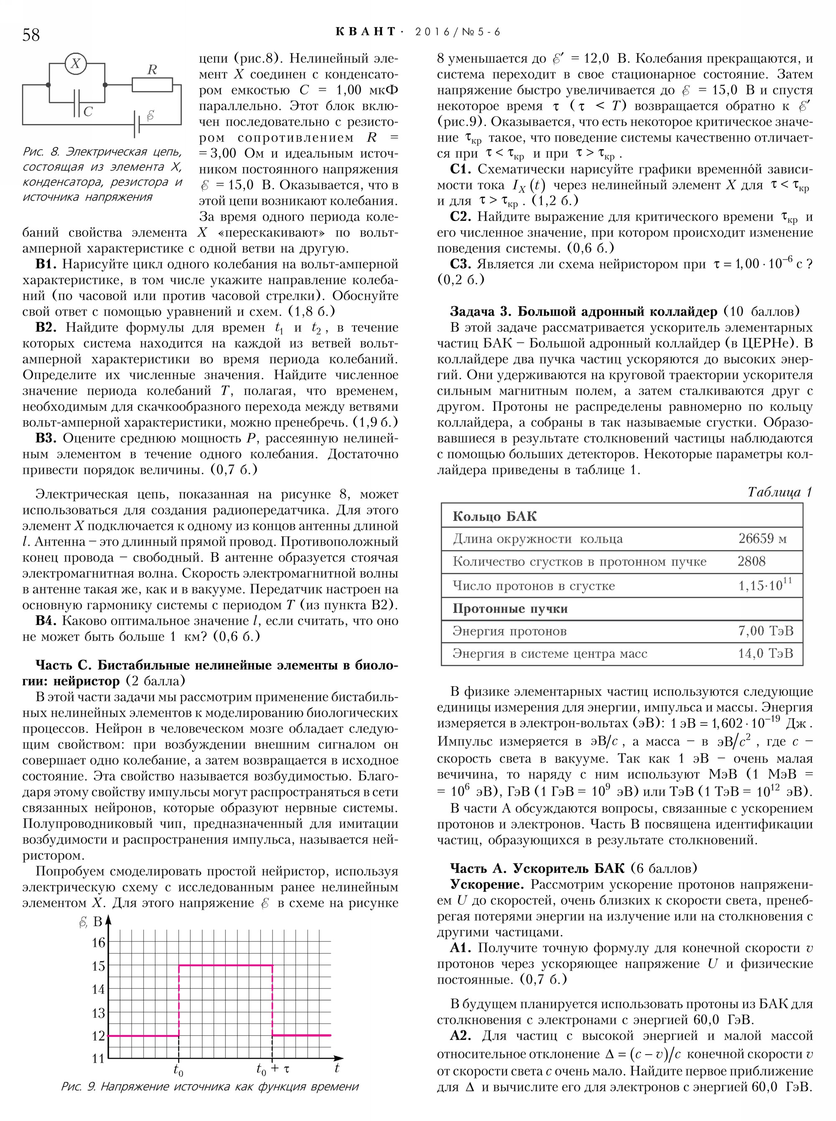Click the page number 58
coord(31,35)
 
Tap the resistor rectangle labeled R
coord(152,84)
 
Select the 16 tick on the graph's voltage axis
coord(98,943)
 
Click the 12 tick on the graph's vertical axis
coord(98,1035)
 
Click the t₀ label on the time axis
coord(178,1070)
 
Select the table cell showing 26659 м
coord(762,538)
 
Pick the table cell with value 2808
coord(751,561)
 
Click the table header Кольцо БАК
coord(494,516)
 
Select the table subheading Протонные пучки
coord(510,609)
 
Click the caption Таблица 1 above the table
coord(779,492)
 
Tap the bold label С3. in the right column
coord(461,264)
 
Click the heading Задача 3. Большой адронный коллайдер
coord(584,311)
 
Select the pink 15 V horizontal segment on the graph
coord(226,965)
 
